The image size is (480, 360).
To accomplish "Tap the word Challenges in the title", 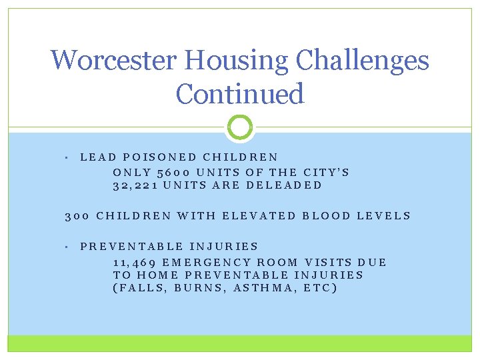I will coord(363,61).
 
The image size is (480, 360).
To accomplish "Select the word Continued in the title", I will coord(240,93).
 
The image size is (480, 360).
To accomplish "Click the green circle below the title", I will coord(240,127).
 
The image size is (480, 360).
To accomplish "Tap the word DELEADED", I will coord(284,185).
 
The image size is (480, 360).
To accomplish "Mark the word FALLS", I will coord(141,288).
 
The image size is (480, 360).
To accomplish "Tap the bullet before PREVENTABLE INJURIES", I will coord(69,247).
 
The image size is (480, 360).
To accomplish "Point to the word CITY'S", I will coord(326,171).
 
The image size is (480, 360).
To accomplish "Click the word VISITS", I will coord(328,262).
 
